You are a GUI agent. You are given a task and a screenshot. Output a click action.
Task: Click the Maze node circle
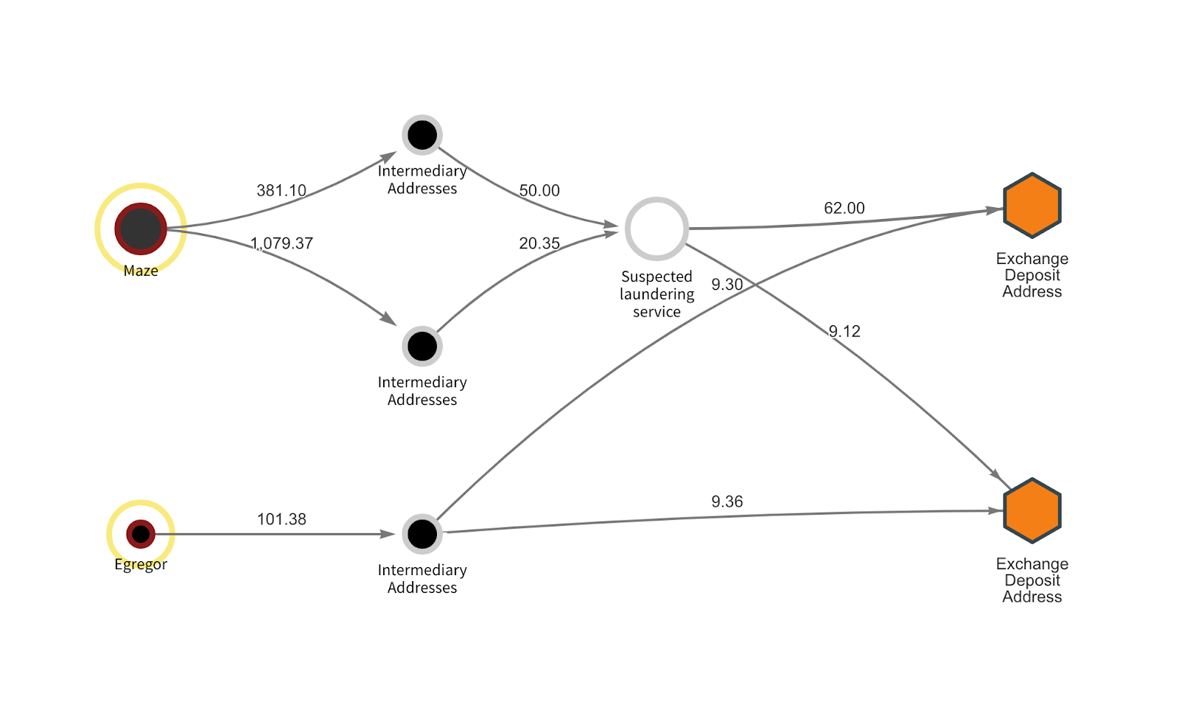(141, 229)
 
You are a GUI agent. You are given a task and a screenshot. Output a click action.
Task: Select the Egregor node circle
(141, 534)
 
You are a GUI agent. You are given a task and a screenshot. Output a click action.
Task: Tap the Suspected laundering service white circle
(657, 229)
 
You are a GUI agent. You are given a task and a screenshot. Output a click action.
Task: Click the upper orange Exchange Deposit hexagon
(1032, 206)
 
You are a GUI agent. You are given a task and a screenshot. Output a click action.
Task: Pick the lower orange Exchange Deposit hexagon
(1032, 511)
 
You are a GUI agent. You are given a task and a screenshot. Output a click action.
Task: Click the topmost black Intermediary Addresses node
(422, 135)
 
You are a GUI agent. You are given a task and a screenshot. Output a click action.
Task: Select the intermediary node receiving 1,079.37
(422, 346)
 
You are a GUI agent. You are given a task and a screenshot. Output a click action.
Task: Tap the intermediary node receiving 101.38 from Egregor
(422, 534)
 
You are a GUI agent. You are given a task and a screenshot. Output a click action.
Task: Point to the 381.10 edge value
(281, 190)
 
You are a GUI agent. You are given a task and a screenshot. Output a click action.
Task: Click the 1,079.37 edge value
(282, 243)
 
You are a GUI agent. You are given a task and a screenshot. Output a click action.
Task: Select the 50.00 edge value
(539, 190)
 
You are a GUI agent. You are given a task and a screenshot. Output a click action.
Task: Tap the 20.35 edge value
(539, 243)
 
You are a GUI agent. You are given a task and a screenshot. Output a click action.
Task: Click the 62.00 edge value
(844, 208)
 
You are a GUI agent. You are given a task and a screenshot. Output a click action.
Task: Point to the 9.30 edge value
(727, 285)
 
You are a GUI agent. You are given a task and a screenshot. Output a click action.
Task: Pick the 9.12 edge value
(844, 331)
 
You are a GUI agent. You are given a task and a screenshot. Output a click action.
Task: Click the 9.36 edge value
(727, 501)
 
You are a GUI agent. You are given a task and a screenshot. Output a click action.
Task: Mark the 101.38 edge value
(281, 519)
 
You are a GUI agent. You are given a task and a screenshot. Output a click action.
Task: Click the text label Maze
(141, 271)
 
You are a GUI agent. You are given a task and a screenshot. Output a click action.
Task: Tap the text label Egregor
(141, 564)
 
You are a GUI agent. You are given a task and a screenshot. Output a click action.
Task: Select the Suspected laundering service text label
(657, 294)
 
